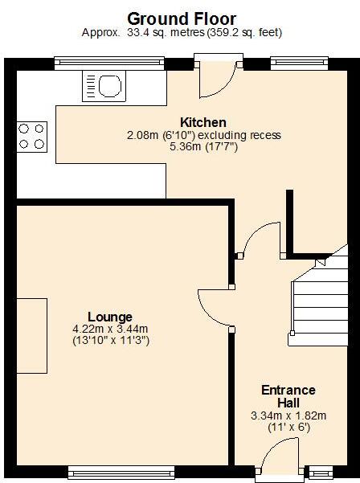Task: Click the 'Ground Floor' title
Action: (x=182, y=18)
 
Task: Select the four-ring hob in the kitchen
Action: (x=31, y=136)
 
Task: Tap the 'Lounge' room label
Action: (x=109, y=317)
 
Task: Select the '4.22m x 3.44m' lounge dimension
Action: (x=110, y=329)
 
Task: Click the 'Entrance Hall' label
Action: (x=288, y=396)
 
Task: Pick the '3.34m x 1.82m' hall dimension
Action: (x=288, y=415)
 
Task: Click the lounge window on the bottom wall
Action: (x=121, y=471)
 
